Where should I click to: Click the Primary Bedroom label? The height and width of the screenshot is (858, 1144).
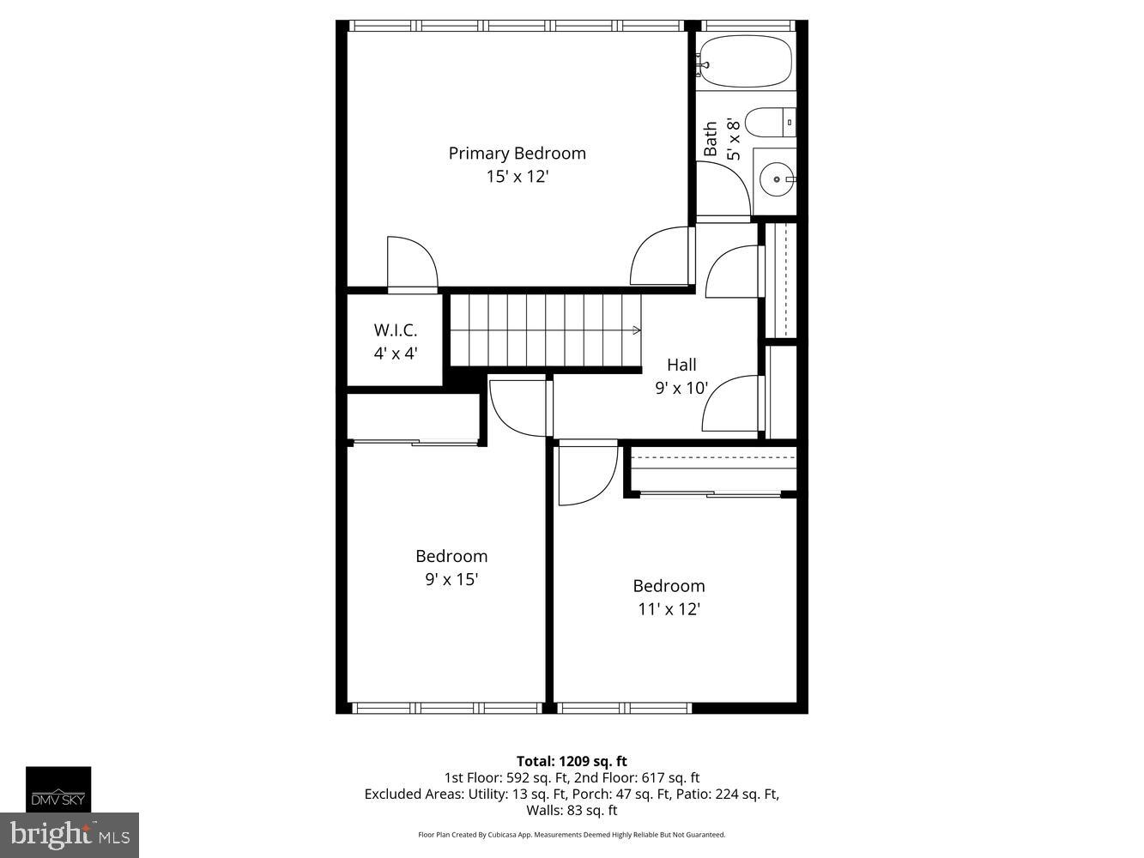[517, 154]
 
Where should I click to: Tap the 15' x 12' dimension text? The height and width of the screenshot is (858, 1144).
[517, 177]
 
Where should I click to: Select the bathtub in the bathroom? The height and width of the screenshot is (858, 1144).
[745, 62]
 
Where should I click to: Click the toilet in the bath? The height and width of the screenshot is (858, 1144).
[770, 122]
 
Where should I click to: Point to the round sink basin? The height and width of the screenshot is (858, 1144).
[777, 180]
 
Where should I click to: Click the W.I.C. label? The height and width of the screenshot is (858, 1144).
[395, 330]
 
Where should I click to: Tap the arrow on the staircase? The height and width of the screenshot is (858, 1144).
[636, 330]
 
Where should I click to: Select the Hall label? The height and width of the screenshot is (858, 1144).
[681, 365]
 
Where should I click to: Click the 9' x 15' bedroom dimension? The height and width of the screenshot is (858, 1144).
[451, 579]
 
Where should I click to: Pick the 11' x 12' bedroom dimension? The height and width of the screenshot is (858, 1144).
[669, 609]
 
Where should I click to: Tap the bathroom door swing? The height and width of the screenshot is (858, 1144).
[723, 189]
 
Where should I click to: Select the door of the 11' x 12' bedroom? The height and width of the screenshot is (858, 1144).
[585, 475]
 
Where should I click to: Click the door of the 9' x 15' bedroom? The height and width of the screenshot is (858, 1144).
[518, 410]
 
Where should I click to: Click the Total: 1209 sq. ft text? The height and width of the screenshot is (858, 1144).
[572, 761]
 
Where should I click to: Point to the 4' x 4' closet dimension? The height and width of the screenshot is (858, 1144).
[395, 353]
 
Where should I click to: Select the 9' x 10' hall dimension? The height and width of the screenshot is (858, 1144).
[681, 388]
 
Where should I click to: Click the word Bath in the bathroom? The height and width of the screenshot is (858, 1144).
[711, 139]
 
